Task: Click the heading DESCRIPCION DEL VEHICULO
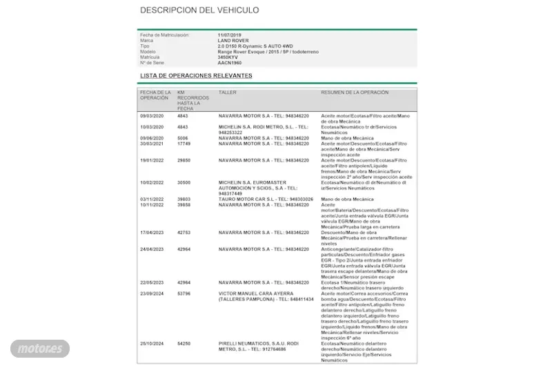[x=199, y=10]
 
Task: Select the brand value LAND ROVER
[x=233, y=41]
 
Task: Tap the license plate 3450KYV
[x=227, y=57]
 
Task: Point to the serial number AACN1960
[x=229, y=63]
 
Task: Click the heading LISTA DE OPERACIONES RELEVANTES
[x=196, y=75]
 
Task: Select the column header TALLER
[x=227, y=93]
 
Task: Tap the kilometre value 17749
[x=184, y=144]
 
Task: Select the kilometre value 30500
[x=184, y=182]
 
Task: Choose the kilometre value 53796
[x=184, y=293]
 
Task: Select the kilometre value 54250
[x=184, y=344]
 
